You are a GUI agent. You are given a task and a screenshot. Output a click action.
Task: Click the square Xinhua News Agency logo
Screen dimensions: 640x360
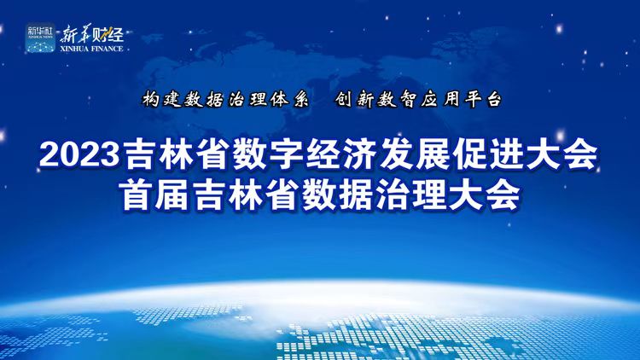click(x=40, y=38)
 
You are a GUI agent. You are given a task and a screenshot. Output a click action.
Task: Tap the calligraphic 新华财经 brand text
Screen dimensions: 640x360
click(x=92, y=34)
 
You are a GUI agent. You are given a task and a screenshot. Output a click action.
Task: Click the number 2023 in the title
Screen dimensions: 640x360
click(x=79, y=155)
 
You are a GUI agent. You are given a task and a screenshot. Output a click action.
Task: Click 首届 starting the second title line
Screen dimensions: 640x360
click(x=154, y=195)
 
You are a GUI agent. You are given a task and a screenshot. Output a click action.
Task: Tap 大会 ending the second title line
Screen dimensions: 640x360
click(x=485, y=195)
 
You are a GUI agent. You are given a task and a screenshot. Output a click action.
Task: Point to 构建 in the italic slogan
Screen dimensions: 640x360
click(x=162, y=99)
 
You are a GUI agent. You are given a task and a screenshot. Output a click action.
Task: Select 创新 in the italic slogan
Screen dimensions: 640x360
click(x=355, y=99)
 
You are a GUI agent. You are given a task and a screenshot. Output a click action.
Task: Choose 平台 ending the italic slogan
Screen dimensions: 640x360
click(x=482, y=99)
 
